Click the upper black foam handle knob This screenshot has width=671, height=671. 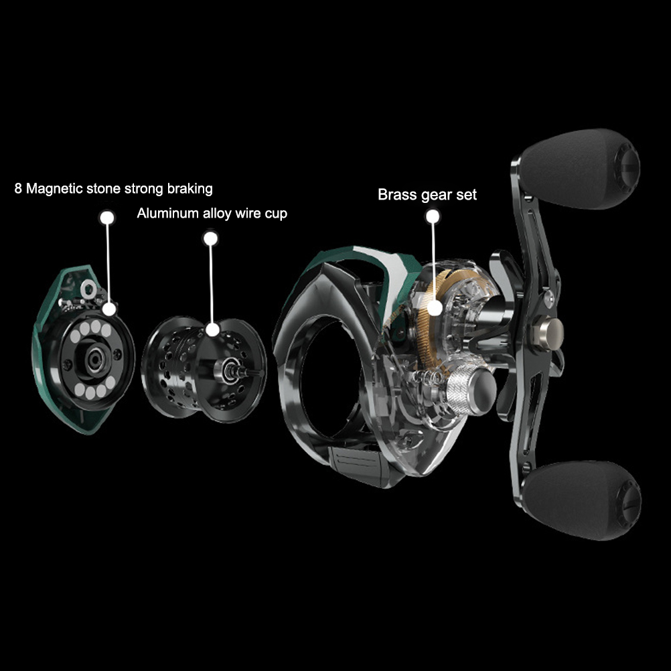581,169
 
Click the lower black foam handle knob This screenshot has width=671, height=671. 582,500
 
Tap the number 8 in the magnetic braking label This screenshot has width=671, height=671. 18,188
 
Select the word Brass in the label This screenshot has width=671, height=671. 398,195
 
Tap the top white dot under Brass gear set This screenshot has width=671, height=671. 433,216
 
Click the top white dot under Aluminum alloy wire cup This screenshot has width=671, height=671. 210,238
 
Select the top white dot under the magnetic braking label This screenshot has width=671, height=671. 107,218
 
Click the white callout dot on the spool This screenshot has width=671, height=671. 212,329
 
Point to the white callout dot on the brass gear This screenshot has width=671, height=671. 435,307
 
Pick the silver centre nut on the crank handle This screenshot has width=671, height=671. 549,332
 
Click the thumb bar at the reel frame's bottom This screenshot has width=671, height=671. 359,465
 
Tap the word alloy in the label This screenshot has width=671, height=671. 217,214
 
